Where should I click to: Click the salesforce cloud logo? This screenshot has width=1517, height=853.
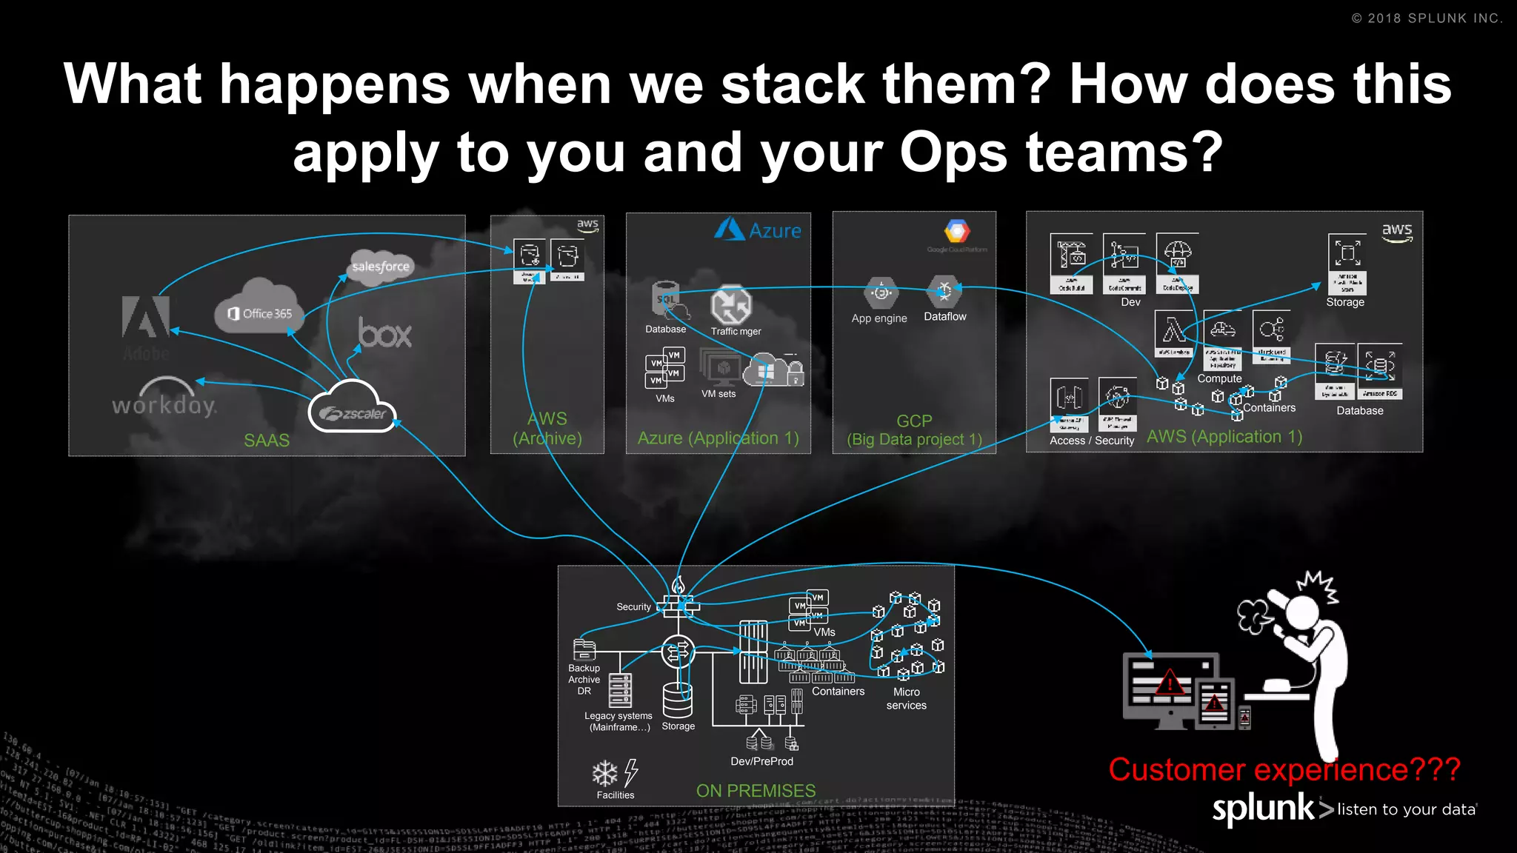(x=380, y=267)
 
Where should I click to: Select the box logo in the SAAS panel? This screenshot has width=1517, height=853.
(x=384, y=333)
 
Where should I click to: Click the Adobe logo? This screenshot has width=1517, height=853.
(x=146, y=318)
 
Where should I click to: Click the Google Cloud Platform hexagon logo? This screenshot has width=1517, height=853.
(x=956, y=231)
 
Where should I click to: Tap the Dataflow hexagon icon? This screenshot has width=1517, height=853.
(x=944, y=291)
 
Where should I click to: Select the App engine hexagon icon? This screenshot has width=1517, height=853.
(x=881, y=293)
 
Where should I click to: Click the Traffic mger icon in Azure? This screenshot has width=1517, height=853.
(x=731, y=305)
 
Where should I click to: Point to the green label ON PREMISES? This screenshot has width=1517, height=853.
(x=756, y=791)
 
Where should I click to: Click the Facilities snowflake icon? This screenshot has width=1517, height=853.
(x=605, y=774)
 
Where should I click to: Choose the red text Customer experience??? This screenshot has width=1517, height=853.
(x=1284, y=770)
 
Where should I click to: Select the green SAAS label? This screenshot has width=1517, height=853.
(x=267, y=441)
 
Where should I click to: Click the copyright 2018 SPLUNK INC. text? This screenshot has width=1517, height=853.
(x=1427, y=19)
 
